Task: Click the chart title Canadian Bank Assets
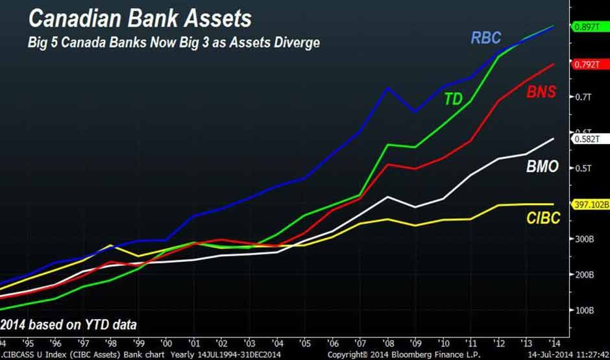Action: point(140,18)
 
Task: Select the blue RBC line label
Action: point(486,38)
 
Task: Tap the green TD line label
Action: point(454,99)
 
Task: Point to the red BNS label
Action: point(541,92)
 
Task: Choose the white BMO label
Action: point(542,167)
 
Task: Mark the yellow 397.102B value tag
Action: point(590,204)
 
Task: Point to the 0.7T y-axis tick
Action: point(583,97)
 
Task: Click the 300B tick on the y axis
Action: point(583,239)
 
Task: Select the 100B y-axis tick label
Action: point(583,310)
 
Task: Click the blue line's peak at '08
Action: point(387,88)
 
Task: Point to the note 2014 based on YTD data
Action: point(69,323)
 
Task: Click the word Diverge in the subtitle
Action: point(295,43)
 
